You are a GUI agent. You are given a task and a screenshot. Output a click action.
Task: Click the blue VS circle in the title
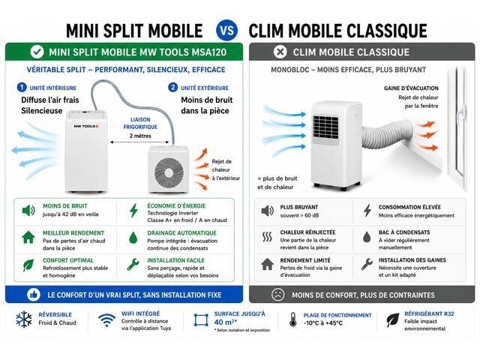[x=226, y=31]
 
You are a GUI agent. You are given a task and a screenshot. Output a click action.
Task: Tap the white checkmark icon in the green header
[x=37, y=52]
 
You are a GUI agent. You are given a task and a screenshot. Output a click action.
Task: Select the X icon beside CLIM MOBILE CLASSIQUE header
[x=280, y=52]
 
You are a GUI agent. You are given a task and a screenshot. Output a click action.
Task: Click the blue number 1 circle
[x=22, y=88]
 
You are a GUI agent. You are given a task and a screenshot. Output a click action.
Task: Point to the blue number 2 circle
[x=172, y=88]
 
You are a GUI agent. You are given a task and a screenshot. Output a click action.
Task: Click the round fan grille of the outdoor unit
[x=169, y=172]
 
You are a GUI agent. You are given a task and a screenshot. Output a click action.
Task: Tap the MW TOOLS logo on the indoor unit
[x=85, y=126]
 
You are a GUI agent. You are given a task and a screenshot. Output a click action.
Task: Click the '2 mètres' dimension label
[x=140, y=136]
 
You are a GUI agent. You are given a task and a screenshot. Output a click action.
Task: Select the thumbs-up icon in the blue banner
[x=33, y=295]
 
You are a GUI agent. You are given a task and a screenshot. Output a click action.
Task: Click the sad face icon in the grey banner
[x=277, y=295]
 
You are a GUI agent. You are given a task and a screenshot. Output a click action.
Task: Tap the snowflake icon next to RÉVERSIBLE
[x=24, y=319]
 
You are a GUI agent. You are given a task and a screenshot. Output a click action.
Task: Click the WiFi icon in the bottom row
[x=106, y=320]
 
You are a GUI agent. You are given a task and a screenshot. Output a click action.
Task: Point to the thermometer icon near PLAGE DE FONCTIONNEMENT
[x=293, y=319]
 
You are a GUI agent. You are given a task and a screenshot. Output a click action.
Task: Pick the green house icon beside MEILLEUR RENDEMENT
[x=28, y=237]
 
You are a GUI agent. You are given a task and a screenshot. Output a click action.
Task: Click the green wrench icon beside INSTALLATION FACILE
[x=133, y=265]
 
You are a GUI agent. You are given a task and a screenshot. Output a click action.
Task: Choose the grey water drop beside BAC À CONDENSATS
[x=367, y=237]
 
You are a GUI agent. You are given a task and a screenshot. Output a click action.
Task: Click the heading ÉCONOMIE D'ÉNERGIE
[x=176, y=206]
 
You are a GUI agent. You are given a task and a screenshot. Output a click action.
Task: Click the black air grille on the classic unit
[x=325, y=127]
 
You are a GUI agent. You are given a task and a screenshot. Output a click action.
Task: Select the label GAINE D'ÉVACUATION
[x=411, y=88]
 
